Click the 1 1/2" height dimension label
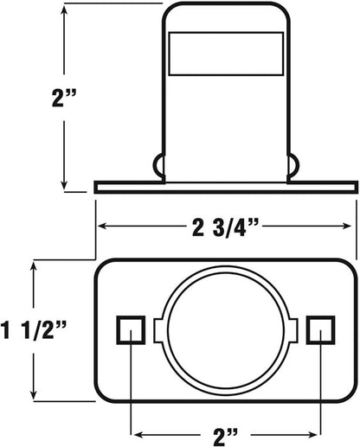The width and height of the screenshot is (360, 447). [34, 330]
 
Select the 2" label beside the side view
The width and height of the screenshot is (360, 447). [64, 98]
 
